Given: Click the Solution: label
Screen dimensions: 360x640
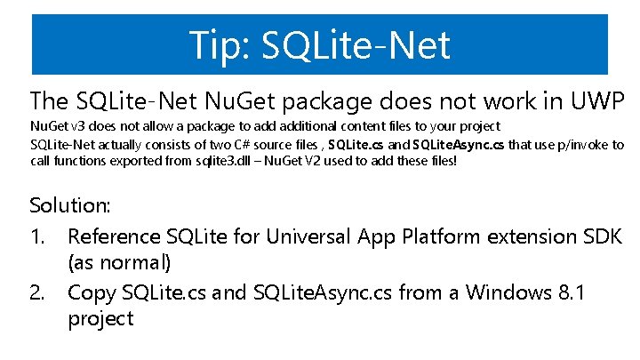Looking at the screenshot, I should coord(70,205).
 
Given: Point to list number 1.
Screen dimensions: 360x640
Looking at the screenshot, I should coord(38,237).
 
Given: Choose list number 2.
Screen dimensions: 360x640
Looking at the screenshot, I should coord(39,292).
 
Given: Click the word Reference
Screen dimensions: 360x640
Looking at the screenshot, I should coord(113,237).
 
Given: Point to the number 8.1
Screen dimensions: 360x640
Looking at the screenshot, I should coord(566,292).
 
